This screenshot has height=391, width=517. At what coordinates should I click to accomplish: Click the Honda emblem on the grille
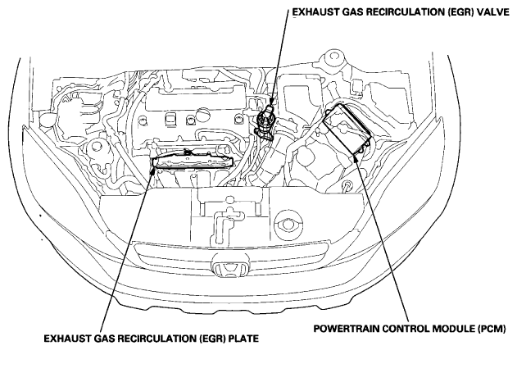point(230,266)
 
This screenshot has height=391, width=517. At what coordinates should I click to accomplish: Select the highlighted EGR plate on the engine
point(193,161)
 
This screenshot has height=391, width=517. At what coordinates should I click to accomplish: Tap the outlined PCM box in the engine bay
point(347,128)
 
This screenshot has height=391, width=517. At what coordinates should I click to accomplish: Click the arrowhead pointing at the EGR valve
point(271,101)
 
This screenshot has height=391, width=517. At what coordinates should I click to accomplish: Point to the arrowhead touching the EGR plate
point(152,170)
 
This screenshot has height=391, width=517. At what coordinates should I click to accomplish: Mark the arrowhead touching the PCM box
point(356,157)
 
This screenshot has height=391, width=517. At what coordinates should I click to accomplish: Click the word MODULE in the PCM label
point(453,329)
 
